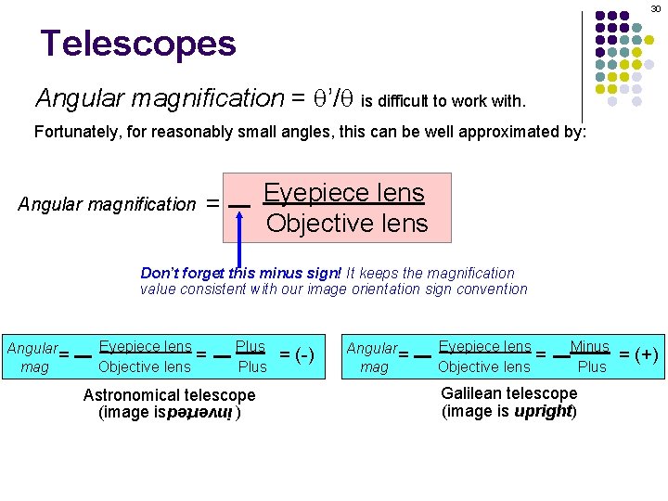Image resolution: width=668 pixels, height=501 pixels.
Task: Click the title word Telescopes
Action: pyautogui.click(x=138, y=43)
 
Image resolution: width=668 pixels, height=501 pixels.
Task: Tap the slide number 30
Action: pyautogui.click(x=653, y=7)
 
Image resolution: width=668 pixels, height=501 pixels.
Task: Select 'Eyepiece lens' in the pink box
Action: pyautogui.click(x=343, y=193)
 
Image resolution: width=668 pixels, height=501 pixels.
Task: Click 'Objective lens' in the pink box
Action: pyautogui.click(x=347, y=224)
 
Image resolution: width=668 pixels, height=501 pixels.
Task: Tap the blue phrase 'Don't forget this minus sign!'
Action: pyautogui.click(x=240, y=273)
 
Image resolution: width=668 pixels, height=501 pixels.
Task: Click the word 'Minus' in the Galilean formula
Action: pyautogui.click(x=590, y=347)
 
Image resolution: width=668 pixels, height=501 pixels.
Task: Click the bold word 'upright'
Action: pyautogui.click(x=543, y=410)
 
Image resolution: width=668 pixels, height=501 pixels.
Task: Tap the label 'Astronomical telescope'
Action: pyautogui.click(x=169, y=395)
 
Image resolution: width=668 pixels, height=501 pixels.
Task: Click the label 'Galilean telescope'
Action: pyautogui.click(x=508, y=393)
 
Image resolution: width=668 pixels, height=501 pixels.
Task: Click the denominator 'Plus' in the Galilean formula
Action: pyautogui.click(x=592, y=366)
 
